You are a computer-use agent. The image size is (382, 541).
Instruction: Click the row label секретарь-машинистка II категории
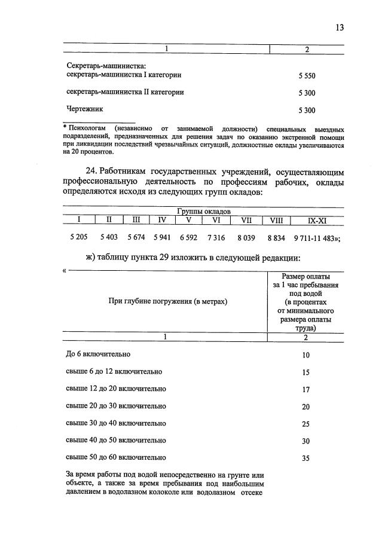click(x=124, y=93)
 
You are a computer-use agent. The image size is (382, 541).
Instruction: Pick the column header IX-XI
click(x=316, y=220)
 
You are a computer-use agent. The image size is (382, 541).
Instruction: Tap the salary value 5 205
click(x=78, y=237)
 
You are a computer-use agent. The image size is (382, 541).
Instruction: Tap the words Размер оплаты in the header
click(x=305, y=276)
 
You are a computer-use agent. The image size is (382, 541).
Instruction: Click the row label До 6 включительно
click(x=97, y=354)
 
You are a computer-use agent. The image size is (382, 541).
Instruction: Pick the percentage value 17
click(x=306, y=390)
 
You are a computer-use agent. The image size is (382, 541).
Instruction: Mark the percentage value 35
click(x=306, y=459)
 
